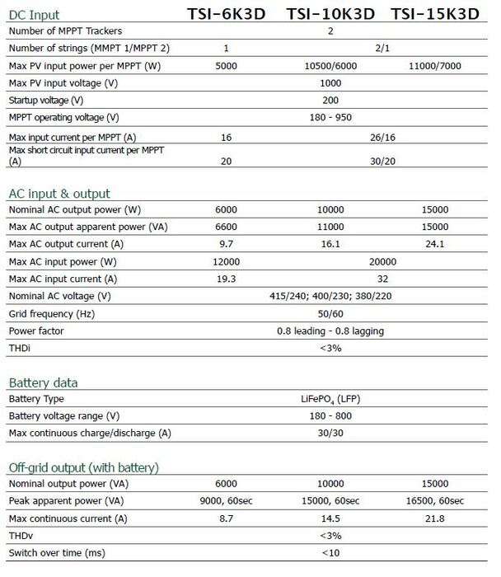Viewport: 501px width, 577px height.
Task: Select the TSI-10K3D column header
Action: point(332,14)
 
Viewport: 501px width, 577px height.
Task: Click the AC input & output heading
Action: point(59,194)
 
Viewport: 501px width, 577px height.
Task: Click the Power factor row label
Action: point(36,331)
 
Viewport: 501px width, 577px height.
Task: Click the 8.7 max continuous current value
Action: point(226,518)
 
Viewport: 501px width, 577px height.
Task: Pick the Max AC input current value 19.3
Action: point(226,279)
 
